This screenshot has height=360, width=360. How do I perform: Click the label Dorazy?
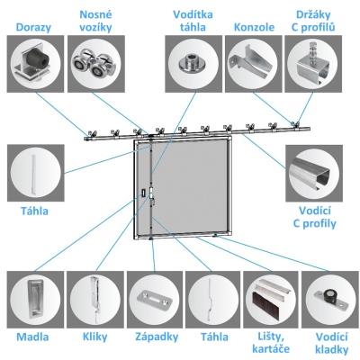[33, 27]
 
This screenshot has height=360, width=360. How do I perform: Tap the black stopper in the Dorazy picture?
[38, 58]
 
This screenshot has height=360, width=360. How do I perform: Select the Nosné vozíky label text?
[96, 21]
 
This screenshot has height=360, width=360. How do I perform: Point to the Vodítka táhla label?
[193, 21]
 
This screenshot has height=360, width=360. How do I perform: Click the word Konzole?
[254, 27]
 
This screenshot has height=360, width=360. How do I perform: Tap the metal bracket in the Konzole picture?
[251, 61]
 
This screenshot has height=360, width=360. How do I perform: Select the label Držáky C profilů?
[313, 21]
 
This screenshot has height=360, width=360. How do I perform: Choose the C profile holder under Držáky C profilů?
[311, 65]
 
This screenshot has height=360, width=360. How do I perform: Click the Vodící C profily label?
[314, 217]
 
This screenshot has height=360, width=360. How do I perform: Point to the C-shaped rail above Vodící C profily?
[311, 175]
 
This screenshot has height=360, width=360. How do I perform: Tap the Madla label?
[32, 337]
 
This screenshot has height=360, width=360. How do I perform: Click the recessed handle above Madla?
[34, 299]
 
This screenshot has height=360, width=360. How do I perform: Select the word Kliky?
[94, 337]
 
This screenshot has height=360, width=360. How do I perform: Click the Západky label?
[157, 337]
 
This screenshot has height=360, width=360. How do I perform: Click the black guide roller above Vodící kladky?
[329, 296]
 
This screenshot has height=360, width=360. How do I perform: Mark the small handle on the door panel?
[143, 192]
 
